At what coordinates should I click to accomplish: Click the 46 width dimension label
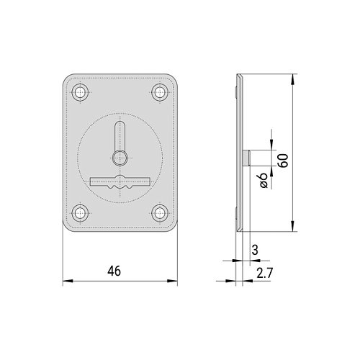[x=114, y=271]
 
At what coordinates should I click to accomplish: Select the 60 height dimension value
[x=283, y=161]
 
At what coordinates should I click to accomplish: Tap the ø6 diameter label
[x=264, y=180]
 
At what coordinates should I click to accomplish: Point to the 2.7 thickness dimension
[x=265, y=273]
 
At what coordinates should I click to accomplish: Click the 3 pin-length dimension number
[x=255, y=250]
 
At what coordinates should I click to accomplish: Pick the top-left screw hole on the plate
[x=80, y=92]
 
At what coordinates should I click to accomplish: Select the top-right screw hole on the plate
[x=159, y=92]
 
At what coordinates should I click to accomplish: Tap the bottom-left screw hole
[x=80, y=213]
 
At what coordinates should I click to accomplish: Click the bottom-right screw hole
[x=159, y=213]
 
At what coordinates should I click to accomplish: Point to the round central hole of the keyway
[x=120, y=158]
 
